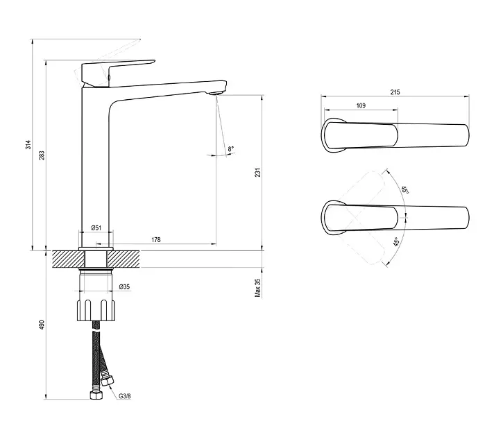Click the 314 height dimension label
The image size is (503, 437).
pos(28,144)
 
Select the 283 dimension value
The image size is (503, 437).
pos(42,155)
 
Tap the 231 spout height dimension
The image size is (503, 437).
pos(257,172)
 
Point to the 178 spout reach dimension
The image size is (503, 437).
pos(156,239)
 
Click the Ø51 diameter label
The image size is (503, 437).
pos(96,228)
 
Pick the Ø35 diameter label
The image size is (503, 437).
pos(124,286)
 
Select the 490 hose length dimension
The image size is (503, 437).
pos(42,325)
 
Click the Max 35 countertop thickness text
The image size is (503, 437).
pos(257,288)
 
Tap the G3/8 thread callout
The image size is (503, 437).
pos(125,396)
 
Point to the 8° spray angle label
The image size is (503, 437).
pos(231,148)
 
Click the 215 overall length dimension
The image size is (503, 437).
pos(395,92)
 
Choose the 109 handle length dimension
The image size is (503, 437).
pos(361,105)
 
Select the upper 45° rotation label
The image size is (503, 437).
pos(405,191)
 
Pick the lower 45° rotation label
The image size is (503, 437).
pos(397,242)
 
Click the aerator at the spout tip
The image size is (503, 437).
pos(215,93)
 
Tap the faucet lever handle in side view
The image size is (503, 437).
pos(119,73)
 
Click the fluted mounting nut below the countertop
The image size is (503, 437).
pos(96,310)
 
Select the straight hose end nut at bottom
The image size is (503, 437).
pos(96,395)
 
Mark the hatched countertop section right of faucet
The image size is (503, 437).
pos(124,259)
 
